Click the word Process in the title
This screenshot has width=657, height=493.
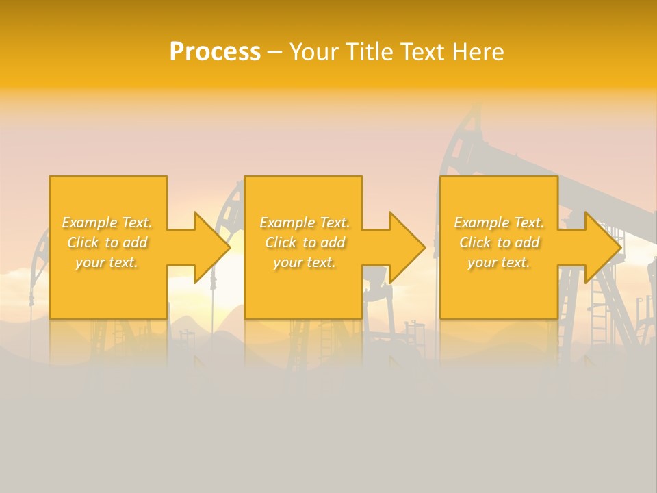coord(215,52)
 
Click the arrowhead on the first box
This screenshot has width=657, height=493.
coord(212,247)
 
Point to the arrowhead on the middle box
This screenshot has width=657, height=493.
coord(407,247)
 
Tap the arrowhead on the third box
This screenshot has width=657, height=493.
coord(603,247)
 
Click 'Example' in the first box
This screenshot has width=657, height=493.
coord(89,223)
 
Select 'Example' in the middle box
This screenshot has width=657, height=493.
coord(287,223)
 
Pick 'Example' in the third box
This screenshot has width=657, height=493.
coord(481,223)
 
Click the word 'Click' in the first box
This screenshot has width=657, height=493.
coord(83,242)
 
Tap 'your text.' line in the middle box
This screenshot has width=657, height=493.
coord(305,262)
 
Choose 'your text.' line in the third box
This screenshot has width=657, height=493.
coord(499,262)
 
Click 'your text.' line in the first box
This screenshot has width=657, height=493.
coord(107,262)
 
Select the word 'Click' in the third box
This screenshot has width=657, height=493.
coord(475,242)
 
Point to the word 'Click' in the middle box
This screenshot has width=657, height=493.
coord(281,242)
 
